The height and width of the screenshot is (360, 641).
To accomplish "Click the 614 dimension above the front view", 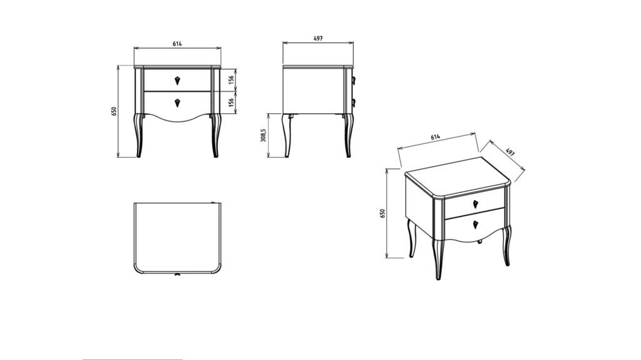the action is pyautogui.click(x=177, y=44).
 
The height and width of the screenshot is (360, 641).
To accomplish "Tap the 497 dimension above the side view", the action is pyautogui.click(x=318, y=38).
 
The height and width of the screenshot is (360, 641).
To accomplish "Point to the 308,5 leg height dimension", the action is pyautogui.click(x=264, y=135).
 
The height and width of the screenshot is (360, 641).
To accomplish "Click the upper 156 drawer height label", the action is pyautogui.click(x=232, y=80).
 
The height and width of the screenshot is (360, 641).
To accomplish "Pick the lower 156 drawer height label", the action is pyautogui.click(x=232, y=102).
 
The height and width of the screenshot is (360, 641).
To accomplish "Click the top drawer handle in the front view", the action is pyautogui.click(x=177, y=80).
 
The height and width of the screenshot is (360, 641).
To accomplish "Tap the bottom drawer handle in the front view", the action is pyautogui.click(x=177, y=103).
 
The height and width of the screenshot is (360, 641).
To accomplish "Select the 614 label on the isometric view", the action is pyautogui.click(x=436, y=137).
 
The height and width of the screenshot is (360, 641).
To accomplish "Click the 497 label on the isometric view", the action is pyautogui.click(x=510, y=152).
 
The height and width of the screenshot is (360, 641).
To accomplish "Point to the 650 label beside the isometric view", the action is pyautogui.click(x=382, y=213).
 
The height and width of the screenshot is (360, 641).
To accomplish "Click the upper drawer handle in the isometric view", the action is pyautogui.click(x=476, y=203).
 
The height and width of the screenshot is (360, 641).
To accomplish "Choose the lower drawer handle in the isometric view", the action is pyautogui.click(x=476, y=224).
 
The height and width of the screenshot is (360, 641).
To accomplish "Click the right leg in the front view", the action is pyautogui.click(x=215, y=135).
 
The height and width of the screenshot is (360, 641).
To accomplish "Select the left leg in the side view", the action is pyautogui.click(x=287, y=135).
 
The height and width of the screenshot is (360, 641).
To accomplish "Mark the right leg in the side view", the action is pyautogui.click(x=347, y=135).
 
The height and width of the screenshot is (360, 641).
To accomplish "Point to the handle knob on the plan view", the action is pyautogui.click(x=177, y=274).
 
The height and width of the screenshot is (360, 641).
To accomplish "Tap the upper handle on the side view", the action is pyautogui.click(x=354, y=80).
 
